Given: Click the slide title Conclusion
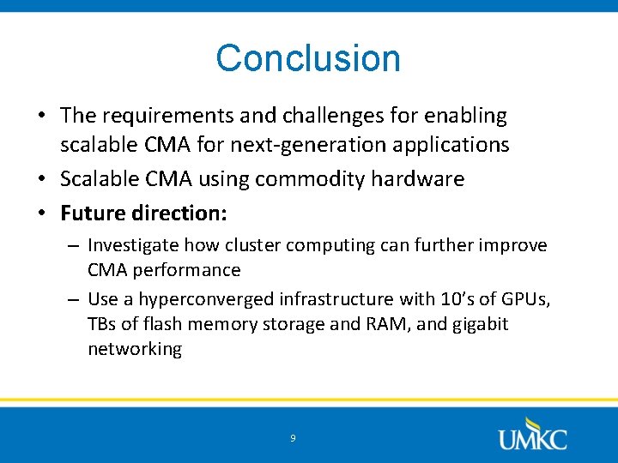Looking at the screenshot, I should click(x=308, y=58).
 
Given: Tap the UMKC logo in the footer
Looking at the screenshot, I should click(x=532, y=435).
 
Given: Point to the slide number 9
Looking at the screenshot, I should click(x=293, y=438).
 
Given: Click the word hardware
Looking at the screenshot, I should click(x=424, y=179).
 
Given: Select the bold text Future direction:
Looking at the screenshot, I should click(x=143, y=213).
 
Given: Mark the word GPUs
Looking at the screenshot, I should click(x=528, y=299).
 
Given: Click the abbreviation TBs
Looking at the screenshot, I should click(x=101, y=324).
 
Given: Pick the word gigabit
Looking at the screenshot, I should click(x=477, y=324).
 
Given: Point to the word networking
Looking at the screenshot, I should click(x=135, y=349).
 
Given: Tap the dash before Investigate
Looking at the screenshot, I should click(x=74, y=246).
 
